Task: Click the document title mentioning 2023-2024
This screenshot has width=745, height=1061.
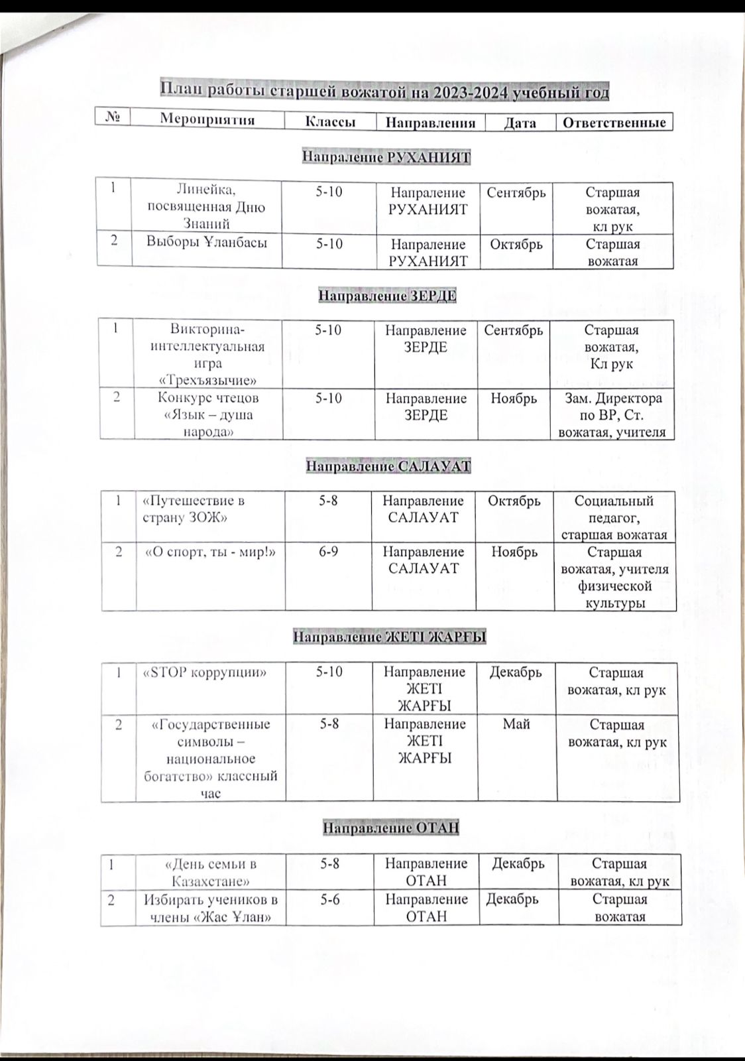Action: (384, 92)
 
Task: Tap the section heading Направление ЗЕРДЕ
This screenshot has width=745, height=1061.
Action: (387, 295)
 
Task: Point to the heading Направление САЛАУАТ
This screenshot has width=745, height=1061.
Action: (388, 467)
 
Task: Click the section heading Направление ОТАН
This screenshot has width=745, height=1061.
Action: (390, 828)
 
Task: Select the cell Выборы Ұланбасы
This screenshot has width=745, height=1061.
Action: (207, 243)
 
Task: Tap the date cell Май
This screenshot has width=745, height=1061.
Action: (516, 724)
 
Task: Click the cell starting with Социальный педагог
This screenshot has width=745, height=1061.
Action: (614, 517)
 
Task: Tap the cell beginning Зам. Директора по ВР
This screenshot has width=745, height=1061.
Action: (611, 415)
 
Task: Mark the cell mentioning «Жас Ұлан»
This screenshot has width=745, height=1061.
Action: (209, 908)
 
